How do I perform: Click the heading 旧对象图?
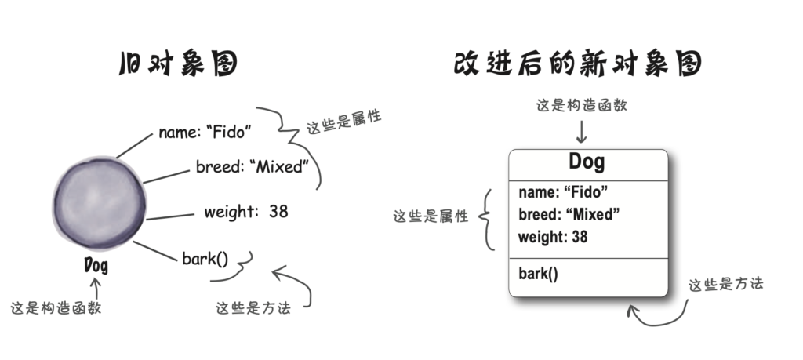pyautogui.click(x=179, y=64)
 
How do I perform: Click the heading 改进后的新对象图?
pyautogui.click(x=578, y=64)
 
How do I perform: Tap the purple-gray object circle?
pyautogui.click(x=100, y=203)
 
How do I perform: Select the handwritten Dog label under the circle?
pyautogui.click(x=96, y=265)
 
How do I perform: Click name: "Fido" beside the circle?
pyautogui.click(x=205, y=132)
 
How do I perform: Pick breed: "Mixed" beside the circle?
pyautogui.click(x=253, y=166)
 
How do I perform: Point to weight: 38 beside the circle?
pyautogui.click(x=245, y=212)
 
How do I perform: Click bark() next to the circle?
pyautogui.click(x=205, y=259)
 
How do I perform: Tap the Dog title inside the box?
pyautogui.click(x=587, y=162)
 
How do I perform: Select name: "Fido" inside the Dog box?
pyautogui.click(x=563, y=192)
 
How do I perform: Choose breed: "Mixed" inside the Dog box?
pyautogui.click(x=569, y=215)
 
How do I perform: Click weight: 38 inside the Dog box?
pyautogui.click(x=553, y=237)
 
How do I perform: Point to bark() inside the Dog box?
pyautogui.click(x=538, y=274)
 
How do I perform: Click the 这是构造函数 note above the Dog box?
pyautogui.click(x=581, y=106)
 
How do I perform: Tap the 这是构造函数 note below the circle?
pyautogui.click(x=56, y=307)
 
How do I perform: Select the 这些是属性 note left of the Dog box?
pyautogui.click(x=431, y=216)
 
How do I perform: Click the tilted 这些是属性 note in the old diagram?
pyautogui.click(x=343, y=122)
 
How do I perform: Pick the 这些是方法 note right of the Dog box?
pyautogui.click(x=725, y=284)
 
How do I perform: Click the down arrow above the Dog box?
pyautogui.click(x=581, y=132)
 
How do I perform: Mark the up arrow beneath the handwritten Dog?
pyautogui.click(x=95, y=288)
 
